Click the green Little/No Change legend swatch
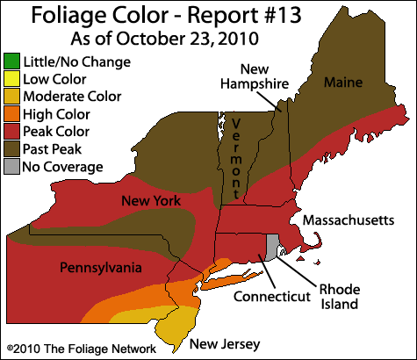click(x=11, y=62)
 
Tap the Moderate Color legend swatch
click(x=11, y=97)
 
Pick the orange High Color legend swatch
click(x=11, y=114)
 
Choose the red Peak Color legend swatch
click(x=11, y=132)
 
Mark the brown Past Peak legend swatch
click(x=11, y=149)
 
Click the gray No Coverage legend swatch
click(x=11, y=167)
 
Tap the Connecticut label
click(x=272, y=297)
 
